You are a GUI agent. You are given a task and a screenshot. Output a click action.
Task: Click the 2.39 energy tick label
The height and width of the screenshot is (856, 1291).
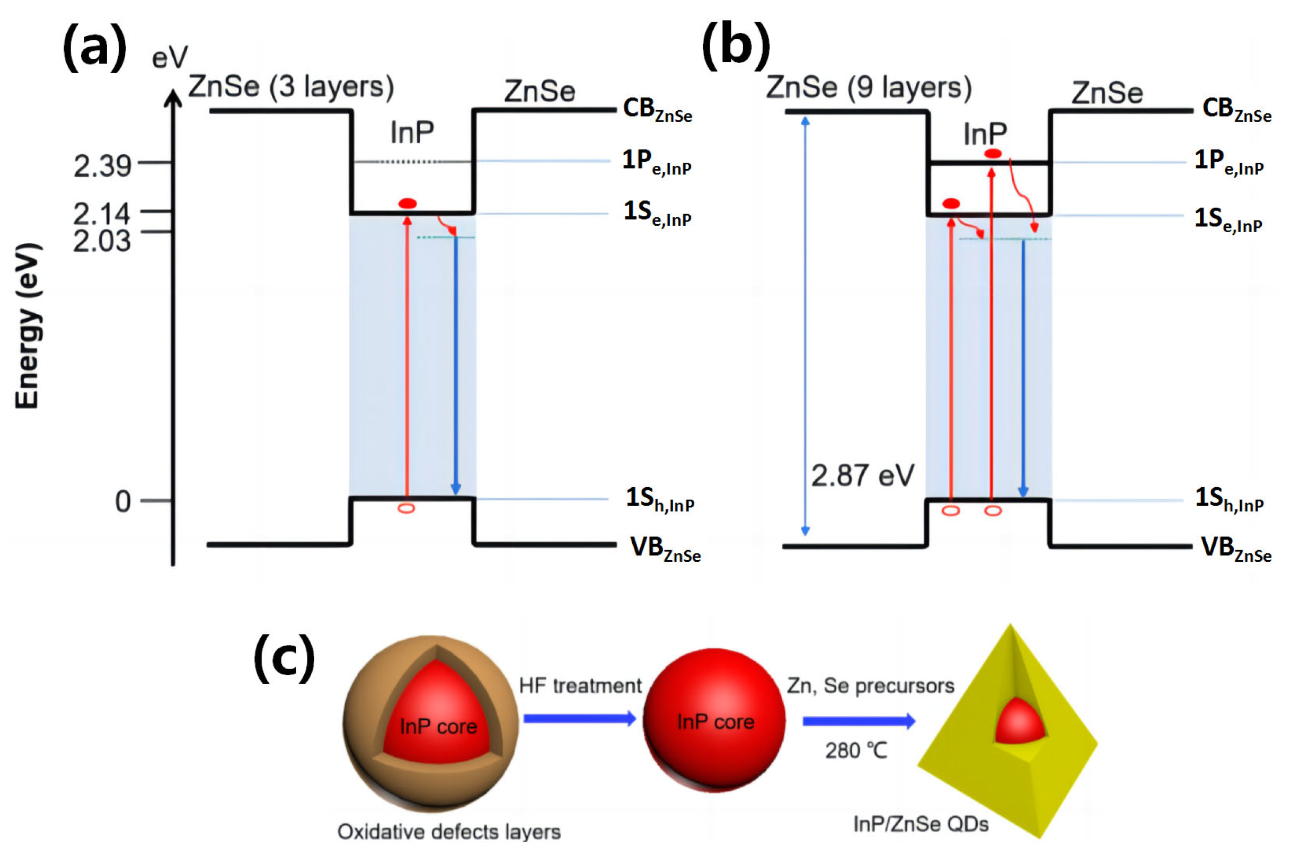102,166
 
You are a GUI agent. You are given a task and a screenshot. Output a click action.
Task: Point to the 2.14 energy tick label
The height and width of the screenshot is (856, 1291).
102,214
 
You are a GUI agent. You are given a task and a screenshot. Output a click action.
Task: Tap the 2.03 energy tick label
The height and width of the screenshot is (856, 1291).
102,241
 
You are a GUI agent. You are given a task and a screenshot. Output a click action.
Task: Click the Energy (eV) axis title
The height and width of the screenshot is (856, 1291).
28,326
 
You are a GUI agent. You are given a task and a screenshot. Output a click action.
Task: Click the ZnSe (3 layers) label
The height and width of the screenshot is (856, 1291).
291,87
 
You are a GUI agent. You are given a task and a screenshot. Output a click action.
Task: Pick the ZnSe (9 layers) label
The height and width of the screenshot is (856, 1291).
869,87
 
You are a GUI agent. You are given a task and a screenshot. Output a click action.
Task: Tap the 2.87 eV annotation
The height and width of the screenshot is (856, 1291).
862,475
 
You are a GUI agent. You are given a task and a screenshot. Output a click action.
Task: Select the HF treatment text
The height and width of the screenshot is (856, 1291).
580,686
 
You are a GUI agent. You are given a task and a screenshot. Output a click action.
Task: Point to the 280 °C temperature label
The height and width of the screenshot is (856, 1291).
856,751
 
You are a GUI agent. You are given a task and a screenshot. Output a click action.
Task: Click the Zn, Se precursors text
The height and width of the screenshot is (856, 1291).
870,686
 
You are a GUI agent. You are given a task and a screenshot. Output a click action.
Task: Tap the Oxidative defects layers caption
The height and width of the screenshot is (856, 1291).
449,832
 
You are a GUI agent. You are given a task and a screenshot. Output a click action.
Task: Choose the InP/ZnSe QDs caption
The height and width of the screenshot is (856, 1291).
921,824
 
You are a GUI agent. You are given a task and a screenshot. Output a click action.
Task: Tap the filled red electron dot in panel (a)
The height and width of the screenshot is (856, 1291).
407,204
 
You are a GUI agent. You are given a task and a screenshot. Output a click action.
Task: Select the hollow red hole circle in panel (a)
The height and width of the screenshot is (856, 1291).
406,509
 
